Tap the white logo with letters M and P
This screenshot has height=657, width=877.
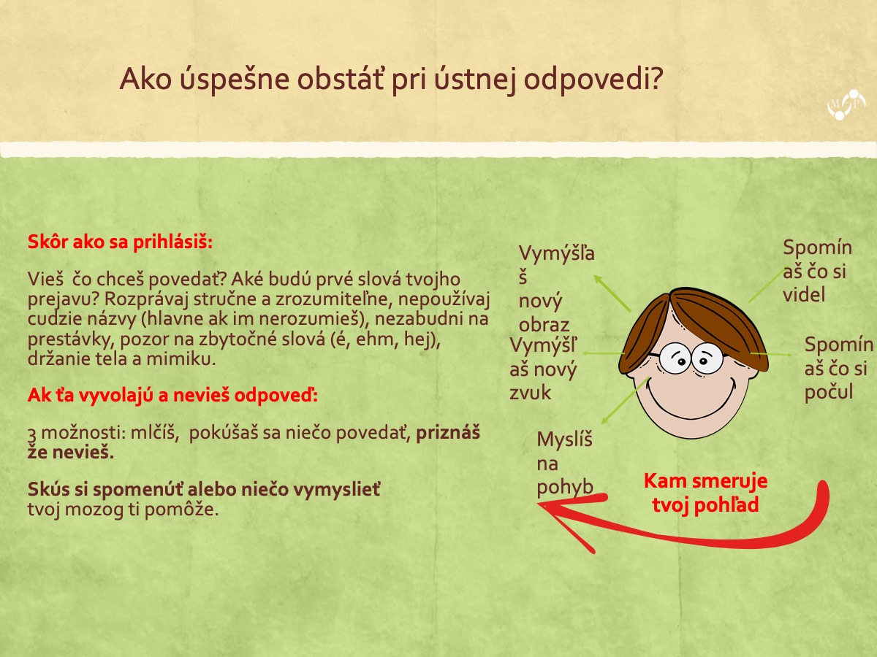pyautogui.click(x=846, y=104)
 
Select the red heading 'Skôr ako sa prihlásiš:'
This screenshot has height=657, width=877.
pyautogui.click(x=120, y=242)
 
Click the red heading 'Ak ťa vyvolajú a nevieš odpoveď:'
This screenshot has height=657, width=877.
pyautogui.click(x=172, y=396)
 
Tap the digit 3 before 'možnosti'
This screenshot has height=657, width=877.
pyautogui.click(x=32, y=434)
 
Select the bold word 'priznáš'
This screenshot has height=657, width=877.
pyautogui.click(x=448, y=433)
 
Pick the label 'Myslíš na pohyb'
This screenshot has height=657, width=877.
pyautogui.click(x=564, y=464)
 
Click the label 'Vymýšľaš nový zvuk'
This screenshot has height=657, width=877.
pyautogui.click(x=544, y=369)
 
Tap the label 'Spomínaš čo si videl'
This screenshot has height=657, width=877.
pyautogui.click(x=817, y=272)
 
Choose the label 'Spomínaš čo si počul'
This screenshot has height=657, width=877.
pyautogui.click(x=838, y=368)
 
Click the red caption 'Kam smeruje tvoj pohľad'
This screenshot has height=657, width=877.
pyautogui.click(x=705, y=493)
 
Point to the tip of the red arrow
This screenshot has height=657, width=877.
pyautogui.click(x=538, y=504)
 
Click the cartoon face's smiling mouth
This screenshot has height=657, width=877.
pyautogui.click(x=691, y=407)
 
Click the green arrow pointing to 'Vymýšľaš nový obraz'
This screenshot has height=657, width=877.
pyautogui.click(x=612, y=293)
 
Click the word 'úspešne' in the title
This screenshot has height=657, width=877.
pyautogui.click(x=234, y=80)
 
